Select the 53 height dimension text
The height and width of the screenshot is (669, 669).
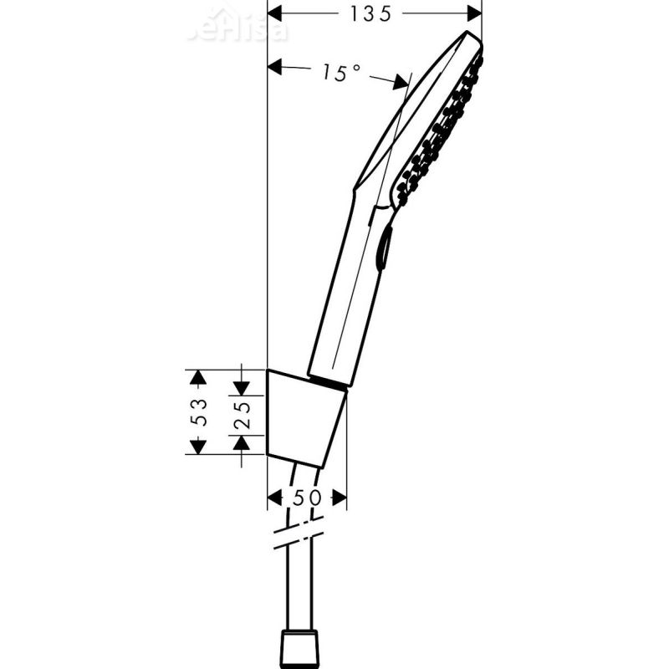(198, 412)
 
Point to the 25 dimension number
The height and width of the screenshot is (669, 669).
(242, 412)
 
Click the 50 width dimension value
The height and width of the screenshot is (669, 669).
(307, 498)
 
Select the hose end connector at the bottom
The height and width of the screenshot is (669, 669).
(303, 645)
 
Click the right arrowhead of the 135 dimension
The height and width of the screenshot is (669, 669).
(473, 13)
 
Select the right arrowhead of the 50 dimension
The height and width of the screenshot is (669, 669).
(338, 498)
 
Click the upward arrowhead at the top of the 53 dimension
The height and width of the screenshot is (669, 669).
(197, 378)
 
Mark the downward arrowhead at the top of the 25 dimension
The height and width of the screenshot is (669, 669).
(242, 388)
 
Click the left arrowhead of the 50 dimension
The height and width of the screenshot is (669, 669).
(275, 498)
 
